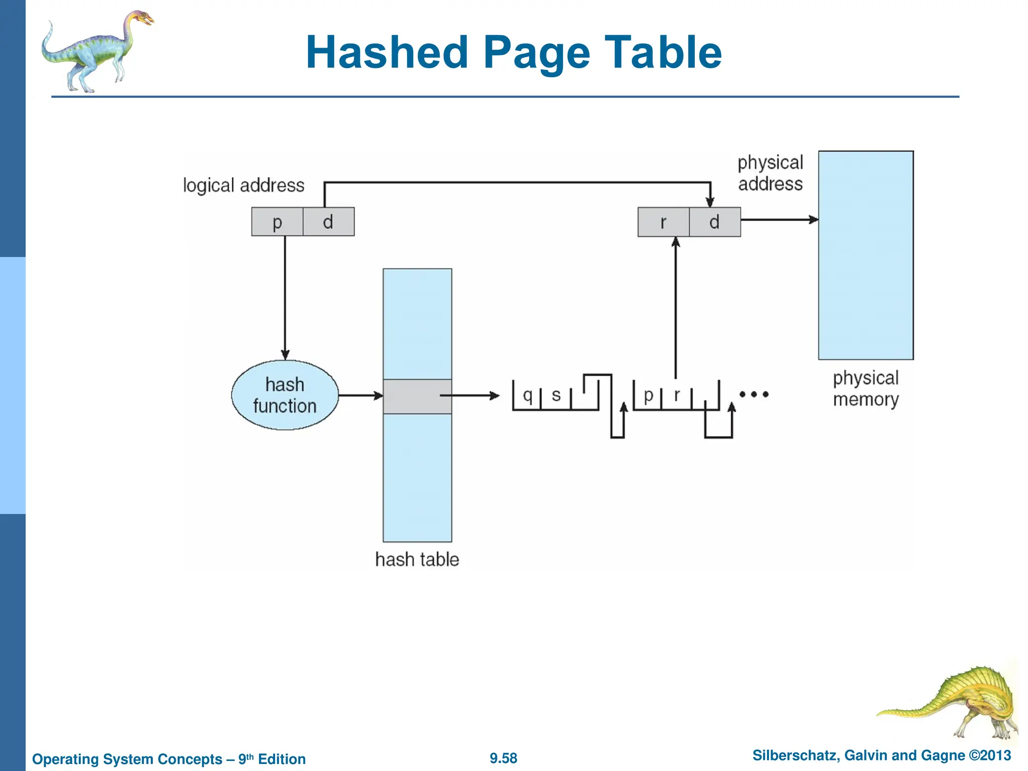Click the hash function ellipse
click(285, 395)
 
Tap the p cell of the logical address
click(277, 222)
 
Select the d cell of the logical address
click(328, 222)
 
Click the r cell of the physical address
click(663, 222)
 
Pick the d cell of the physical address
click(715, 222)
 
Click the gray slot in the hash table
click(417, 397)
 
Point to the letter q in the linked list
click(527, 396)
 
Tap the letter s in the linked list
click(556, 396)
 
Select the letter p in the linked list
click(648, 396)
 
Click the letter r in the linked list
click(677, 396)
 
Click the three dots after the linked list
click(754, 395)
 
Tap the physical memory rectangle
click(865, 255)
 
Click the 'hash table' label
click(417, 559)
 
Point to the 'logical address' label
click(243, 185)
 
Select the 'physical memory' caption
click(865, 389)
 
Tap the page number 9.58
click(503, 758)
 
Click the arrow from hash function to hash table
click(360, 396)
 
